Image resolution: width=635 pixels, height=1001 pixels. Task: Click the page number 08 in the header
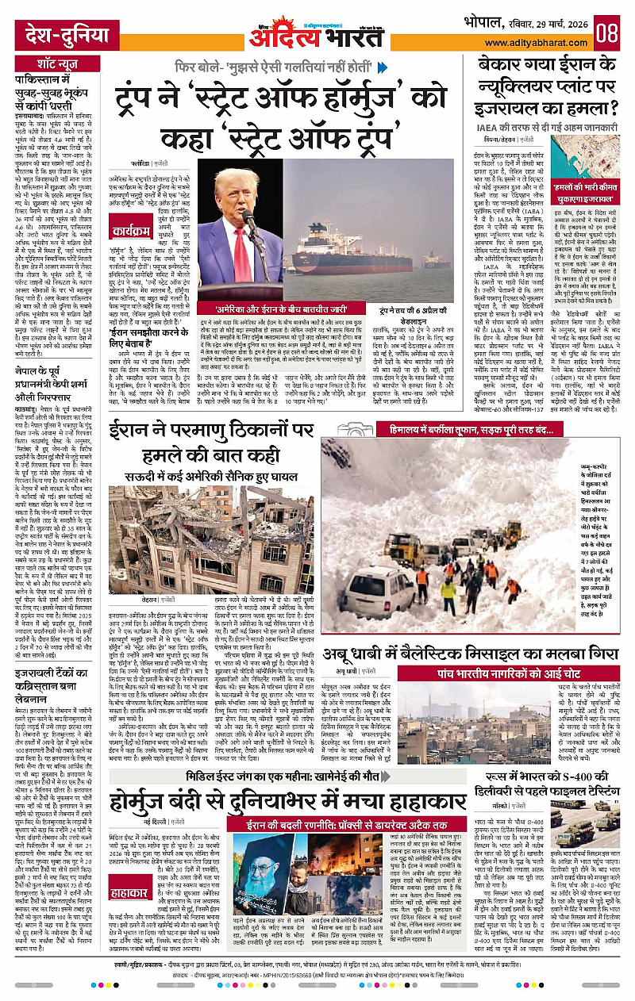[607, 33]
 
